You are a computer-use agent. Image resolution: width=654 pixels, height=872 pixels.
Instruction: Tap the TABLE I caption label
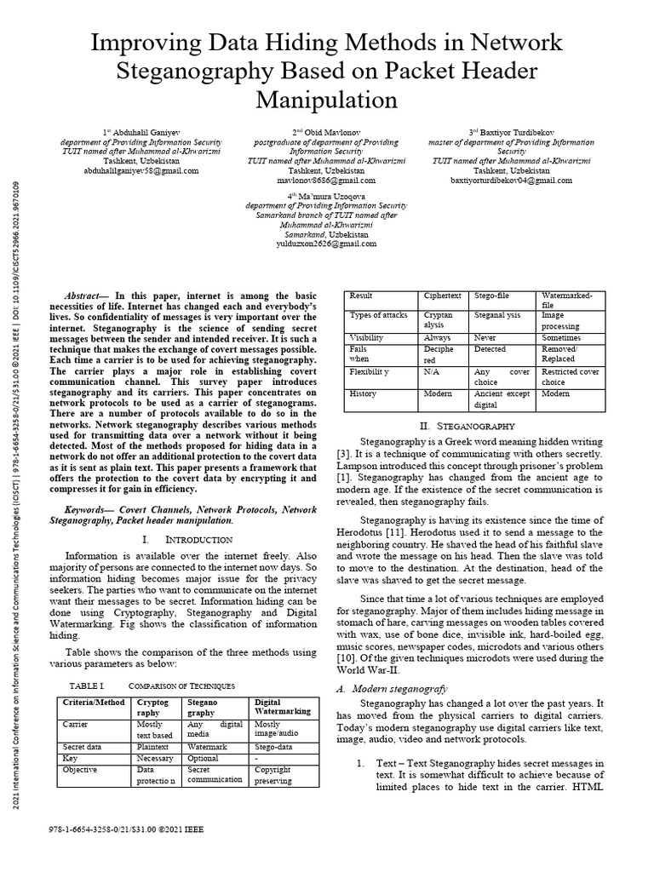coord(85,685)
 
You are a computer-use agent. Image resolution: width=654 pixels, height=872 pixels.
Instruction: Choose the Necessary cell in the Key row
coord(156,757)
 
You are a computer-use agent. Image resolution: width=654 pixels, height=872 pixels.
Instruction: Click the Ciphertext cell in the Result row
coord(443,295)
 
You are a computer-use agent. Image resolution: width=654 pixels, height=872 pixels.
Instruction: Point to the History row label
coord(363,394)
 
